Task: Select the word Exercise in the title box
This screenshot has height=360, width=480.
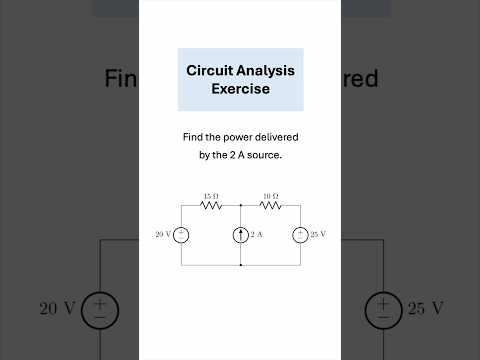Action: [240, 88]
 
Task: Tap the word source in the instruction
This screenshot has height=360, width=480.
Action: [265, 155]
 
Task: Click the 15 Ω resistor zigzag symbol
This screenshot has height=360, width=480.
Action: [211, 205]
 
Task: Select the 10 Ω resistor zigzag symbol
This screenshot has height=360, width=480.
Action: [270, 205]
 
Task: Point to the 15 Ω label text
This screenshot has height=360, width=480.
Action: [211, 195]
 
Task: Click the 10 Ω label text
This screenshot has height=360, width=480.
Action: [270, 195]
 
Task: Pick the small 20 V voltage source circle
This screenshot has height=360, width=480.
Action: [181, 235]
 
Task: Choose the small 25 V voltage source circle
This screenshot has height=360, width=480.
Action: [300, 235]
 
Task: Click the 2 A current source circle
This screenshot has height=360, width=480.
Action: [241, 235]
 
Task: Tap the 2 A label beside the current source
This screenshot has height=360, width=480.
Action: [256, 235]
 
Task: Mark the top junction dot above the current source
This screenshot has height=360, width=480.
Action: [241, 205]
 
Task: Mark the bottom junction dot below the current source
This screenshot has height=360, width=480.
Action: [241, 265]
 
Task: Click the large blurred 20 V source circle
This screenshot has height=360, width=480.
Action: [100, 308]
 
